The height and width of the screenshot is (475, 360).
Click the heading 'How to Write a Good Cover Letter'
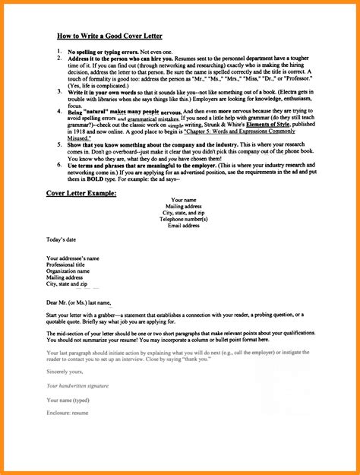tap(109, 35)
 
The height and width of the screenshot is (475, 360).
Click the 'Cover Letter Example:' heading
tap(81, 194)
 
